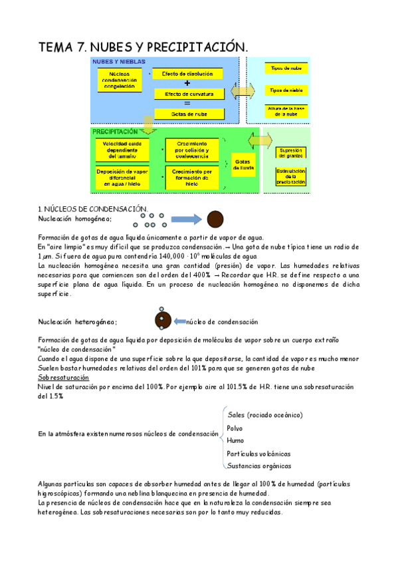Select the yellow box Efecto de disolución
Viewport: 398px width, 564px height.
coord(187,73)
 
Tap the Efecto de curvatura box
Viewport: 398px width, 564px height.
coord(187,94)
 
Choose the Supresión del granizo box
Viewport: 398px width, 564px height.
coord(291,152)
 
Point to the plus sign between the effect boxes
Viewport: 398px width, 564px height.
coord(187,84)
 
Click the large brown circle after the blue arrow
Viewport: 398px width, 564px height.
coord(215,219)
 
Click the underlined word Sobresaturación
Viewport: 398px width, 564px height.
coord(63,377)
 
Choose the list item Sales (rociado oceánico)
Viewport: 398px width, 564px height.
coord(265,415)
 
